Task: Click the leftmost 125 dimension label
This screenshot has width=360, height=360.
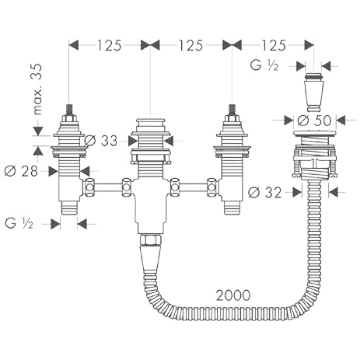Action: coord(110,46)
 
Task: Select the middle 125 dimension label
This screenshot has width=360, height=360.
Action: coord(191,46)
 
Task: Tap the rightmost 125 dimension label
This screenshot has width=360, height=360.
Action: coord(274,46)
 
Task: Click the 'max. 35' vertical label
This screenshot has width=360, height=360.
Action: coord(37,89)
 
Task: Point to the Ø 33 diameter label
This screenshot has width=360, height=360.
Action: coord(101,141)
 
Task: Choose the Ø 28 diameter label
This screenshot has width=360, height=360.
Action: coord(22,171)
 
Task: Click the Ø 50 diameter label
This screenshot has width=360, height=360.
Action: coord(314,121)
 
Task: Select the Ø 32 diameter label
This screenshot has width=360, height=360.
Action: coord(265,193)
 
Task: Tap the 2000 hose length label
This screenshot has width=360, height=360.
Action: coord(233,295)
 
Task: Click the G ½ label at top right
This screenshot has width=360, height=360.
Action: coord(264,65)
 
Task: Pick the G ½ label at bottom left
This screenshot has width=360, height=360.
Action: coord(19,223)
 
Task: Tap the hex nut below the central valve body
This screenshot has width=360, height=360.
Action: coord(151,239)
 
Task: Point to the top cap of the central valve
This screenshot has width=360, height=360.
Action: coord(151,122)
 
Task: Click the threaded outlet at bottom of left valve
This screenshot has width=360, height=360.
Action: coord(68,208)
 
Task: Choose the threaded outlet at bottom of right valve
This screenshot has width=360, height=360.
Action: coord(232,208)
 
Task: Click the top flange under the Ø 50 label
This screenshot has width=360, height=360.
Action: coord(314,134)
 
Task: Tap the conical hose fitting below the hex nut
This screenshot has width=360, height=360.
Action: coord(150,258)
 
